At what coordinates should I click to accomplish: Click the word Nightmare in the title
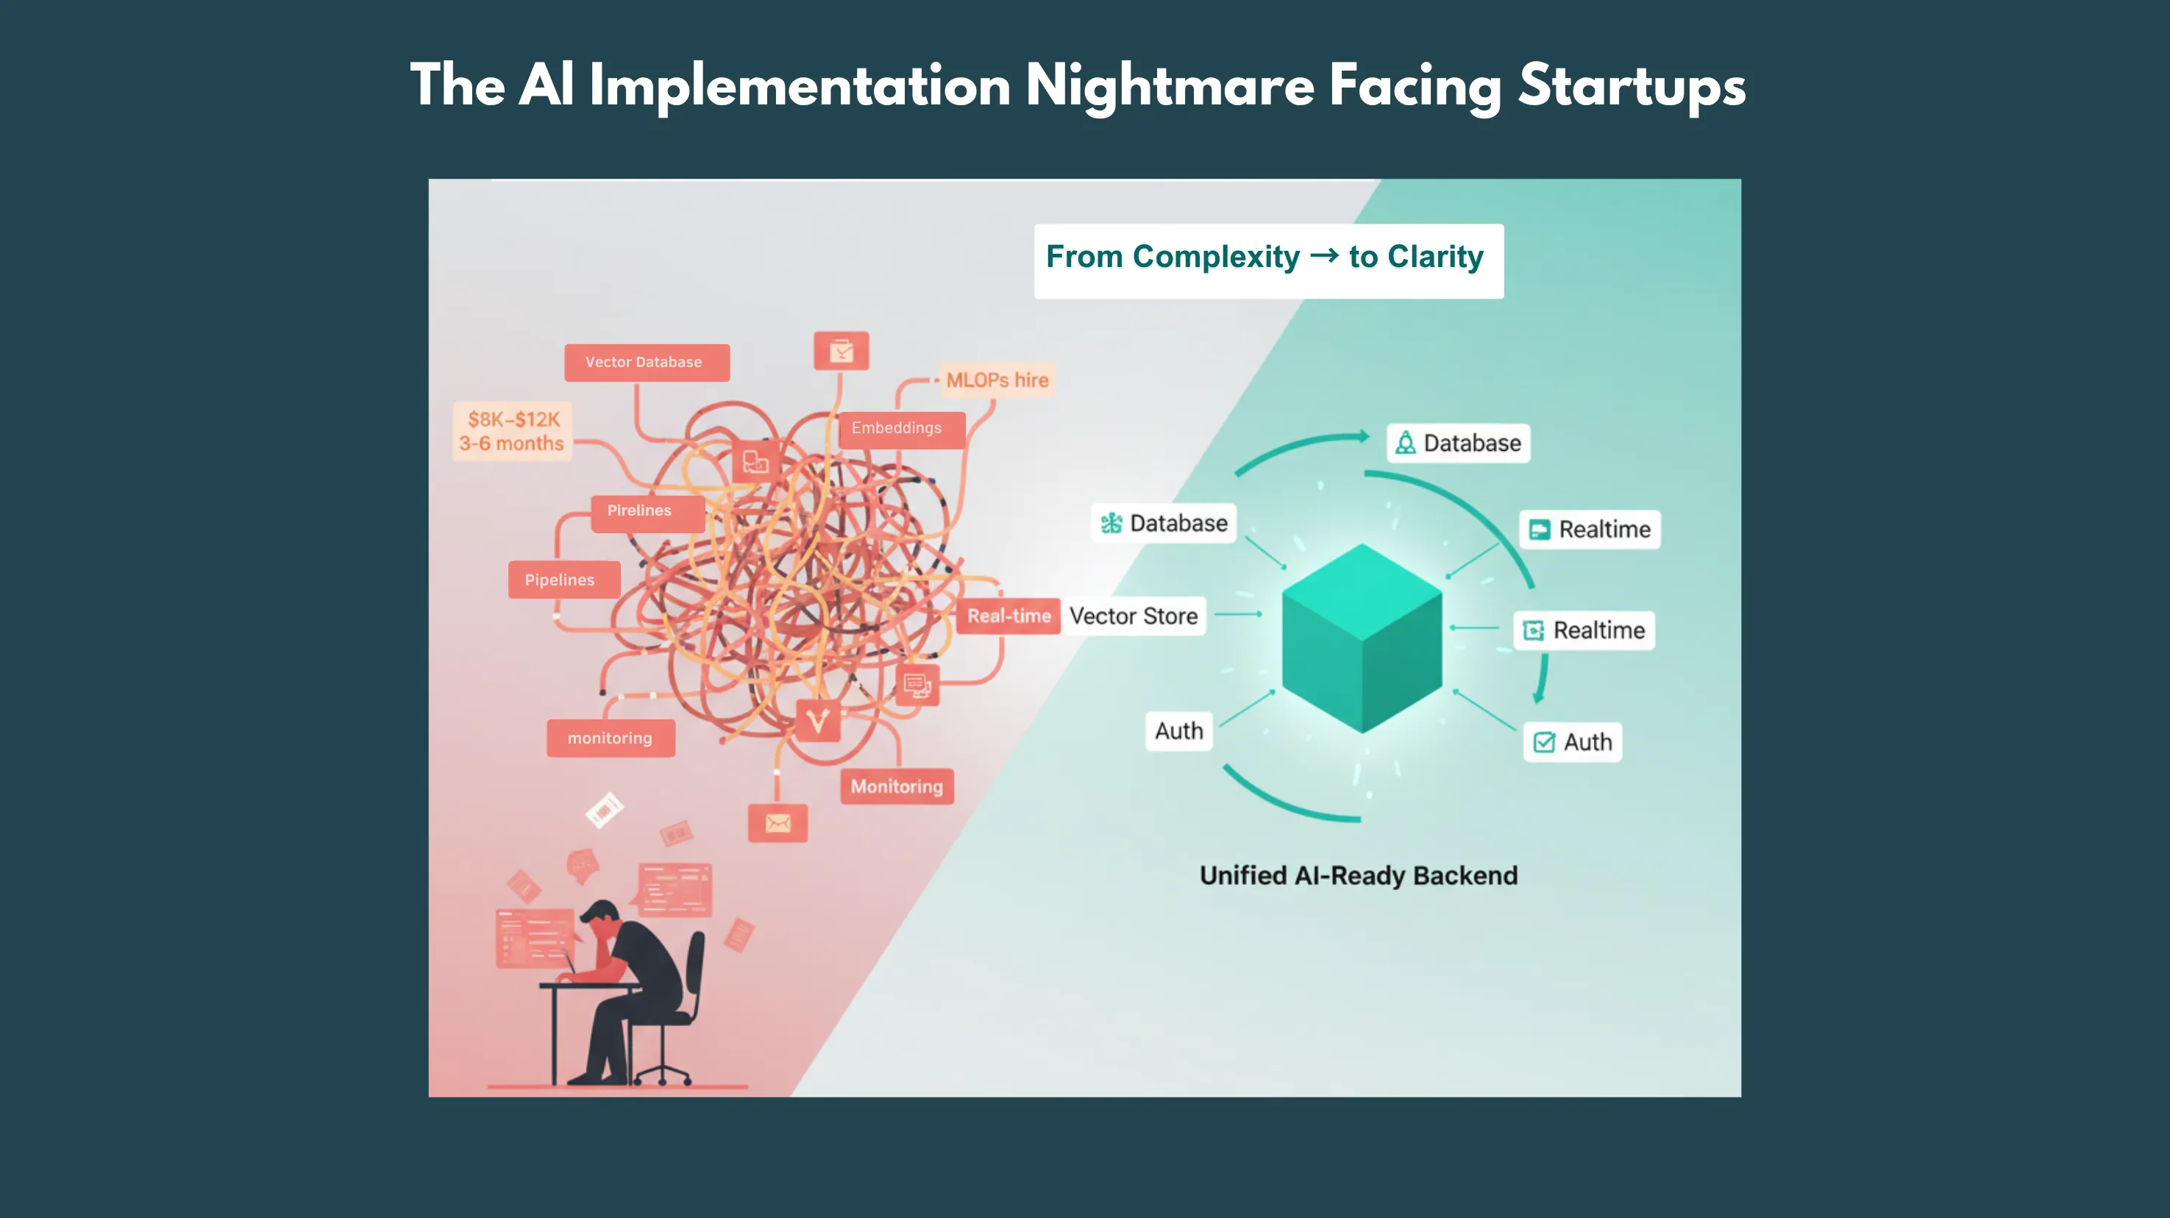1170,86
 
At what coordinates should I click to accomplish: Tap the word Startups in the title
1632,86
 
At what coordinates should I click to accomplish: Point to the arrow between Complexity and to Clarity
1324,255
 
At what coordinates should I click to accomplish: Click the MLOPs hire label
997,380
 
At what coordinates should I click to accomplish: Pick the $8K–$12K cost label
513,419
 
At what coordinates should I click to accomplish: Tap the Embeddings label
899,429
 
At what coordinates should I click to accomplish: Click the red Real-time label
1008,616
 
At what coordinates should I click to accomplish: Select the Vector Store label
1133,616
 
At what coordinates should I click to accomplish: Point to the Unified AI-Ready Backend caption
1358,876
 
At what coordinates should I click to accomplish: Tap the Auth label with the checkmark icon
1572,742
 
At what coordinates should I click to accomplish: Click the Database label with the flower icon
1164,523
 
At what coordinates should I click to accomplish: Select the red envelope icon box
778,823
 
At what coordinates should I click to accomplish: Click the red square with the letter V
817,721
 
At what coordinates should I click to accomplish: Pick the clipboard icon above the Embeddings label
841,350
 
